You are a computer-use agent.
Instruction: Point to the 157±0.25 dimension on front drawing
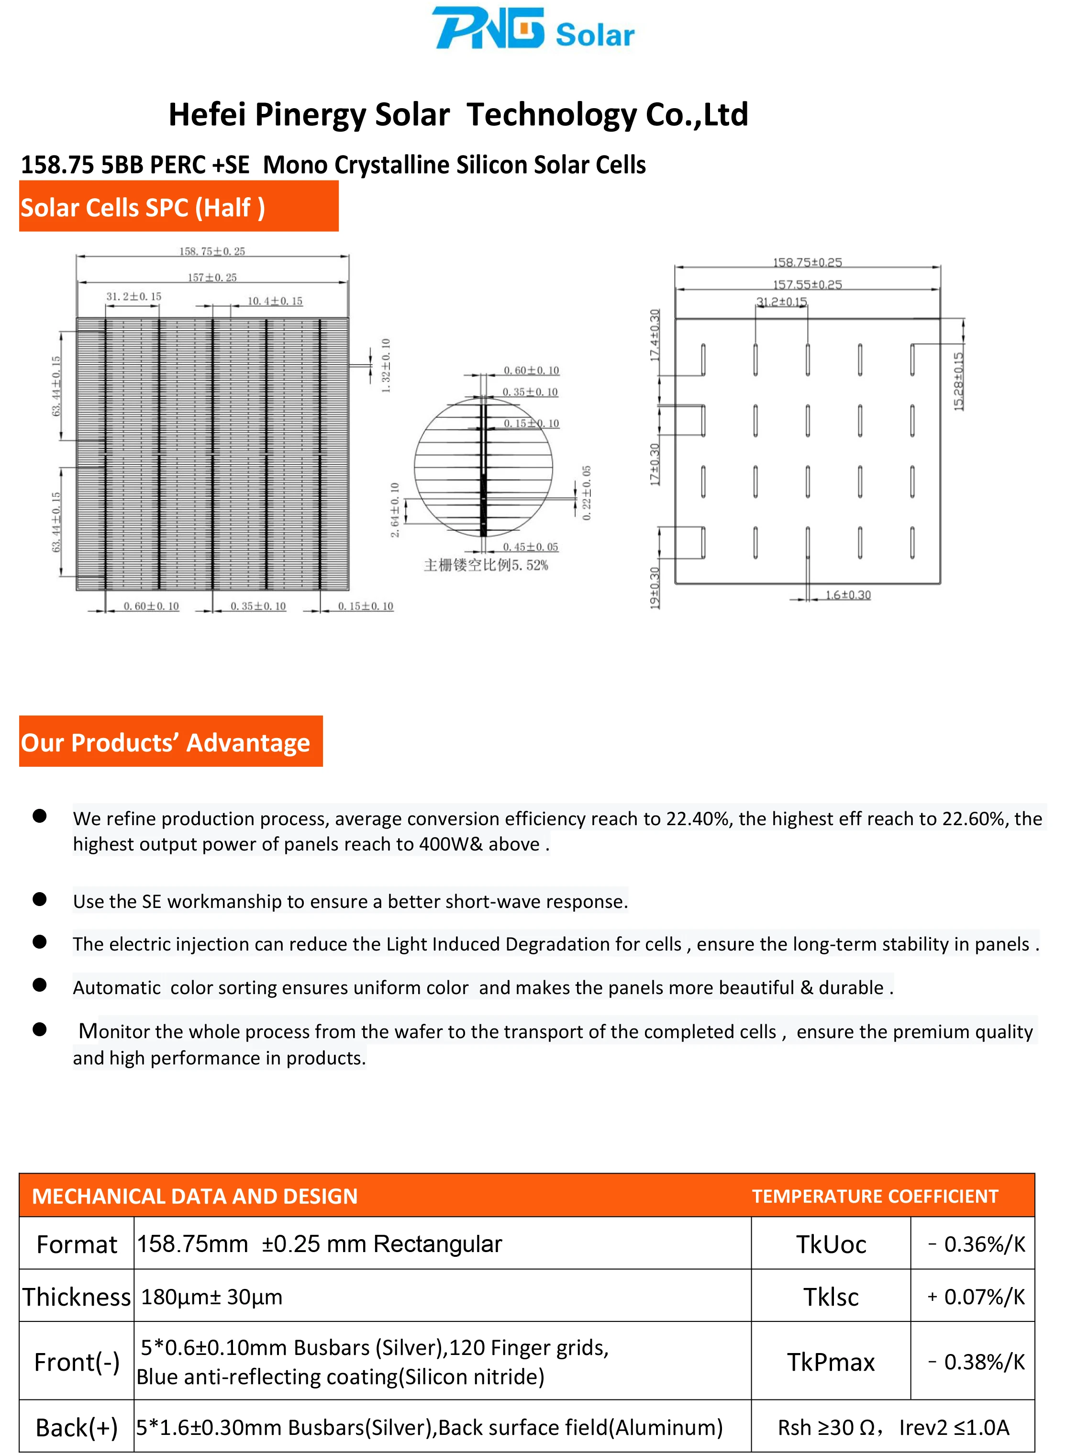point(212,278)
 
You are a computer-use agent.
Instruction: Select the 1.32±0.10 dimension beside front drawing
point(386,365)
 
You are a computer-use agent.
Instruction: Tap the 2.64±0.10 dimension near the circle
point(395,509)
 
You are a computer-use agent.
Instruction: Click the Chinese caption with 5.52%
point(485,565)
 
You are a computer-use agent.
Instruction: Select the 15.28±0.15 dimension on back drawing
point(958,381)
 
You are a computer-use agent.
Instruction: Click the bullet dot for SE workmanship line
point(39,899)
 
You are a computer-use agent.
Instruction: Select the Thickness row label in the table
point(76,1297)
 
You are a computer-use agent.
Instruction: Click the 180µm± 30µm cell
point(211,1297)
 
